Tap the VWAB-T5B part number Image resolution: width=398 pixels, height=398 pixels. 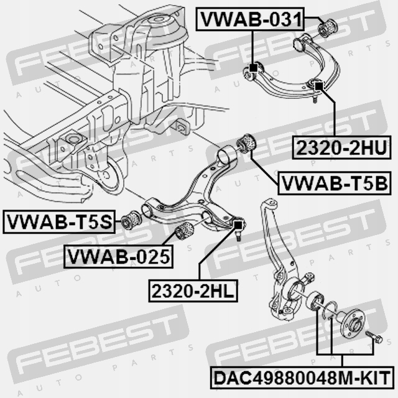(x=335, y=183)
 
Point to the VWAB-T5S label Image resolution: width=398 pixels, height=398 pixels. (x=59, y=221)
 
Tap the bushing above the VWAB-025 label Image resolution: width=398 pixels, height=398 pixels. (x=185, y=231)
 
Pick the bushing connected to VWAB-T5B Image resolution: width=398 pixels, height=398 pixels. (x=248, y=144)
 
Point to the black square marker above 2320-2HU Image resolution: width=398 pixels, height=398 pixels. (x=318, y=86)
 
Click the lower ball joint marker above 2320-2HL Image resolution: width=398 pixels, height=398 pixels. (x=237, y=223)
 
